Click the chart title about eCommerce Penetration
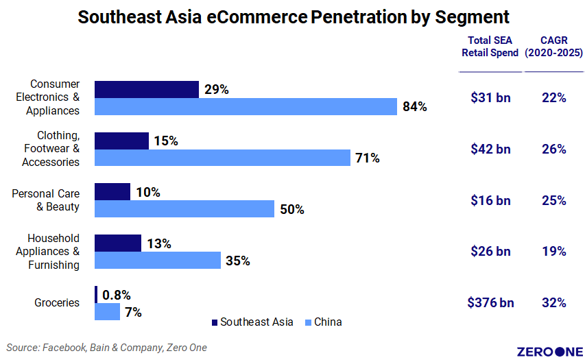click(294, 17)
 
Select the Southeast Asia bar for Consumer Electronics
click(146, 89)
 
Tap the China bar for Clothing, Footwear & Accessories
click(222, 158)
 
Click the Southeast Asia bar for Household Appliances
click(117, 243)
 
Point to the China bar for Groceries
click(107, 312)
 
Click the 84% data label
click(415, 107)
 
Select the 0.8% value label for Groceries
click(117, 295)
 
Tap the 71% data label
click(367, 158)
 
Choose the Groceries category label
click(56, 302)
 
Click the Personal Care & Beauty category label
click(45, 200)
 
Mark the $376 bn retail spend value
click(490, 302)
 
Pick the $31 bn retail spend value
click(490, 98)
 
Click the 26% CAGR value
click(553, 149)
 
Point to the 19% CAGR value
click(553, 252)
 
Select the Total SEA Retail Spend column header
click(490, 47)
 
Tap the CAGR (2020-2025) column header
click(554, 47)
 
